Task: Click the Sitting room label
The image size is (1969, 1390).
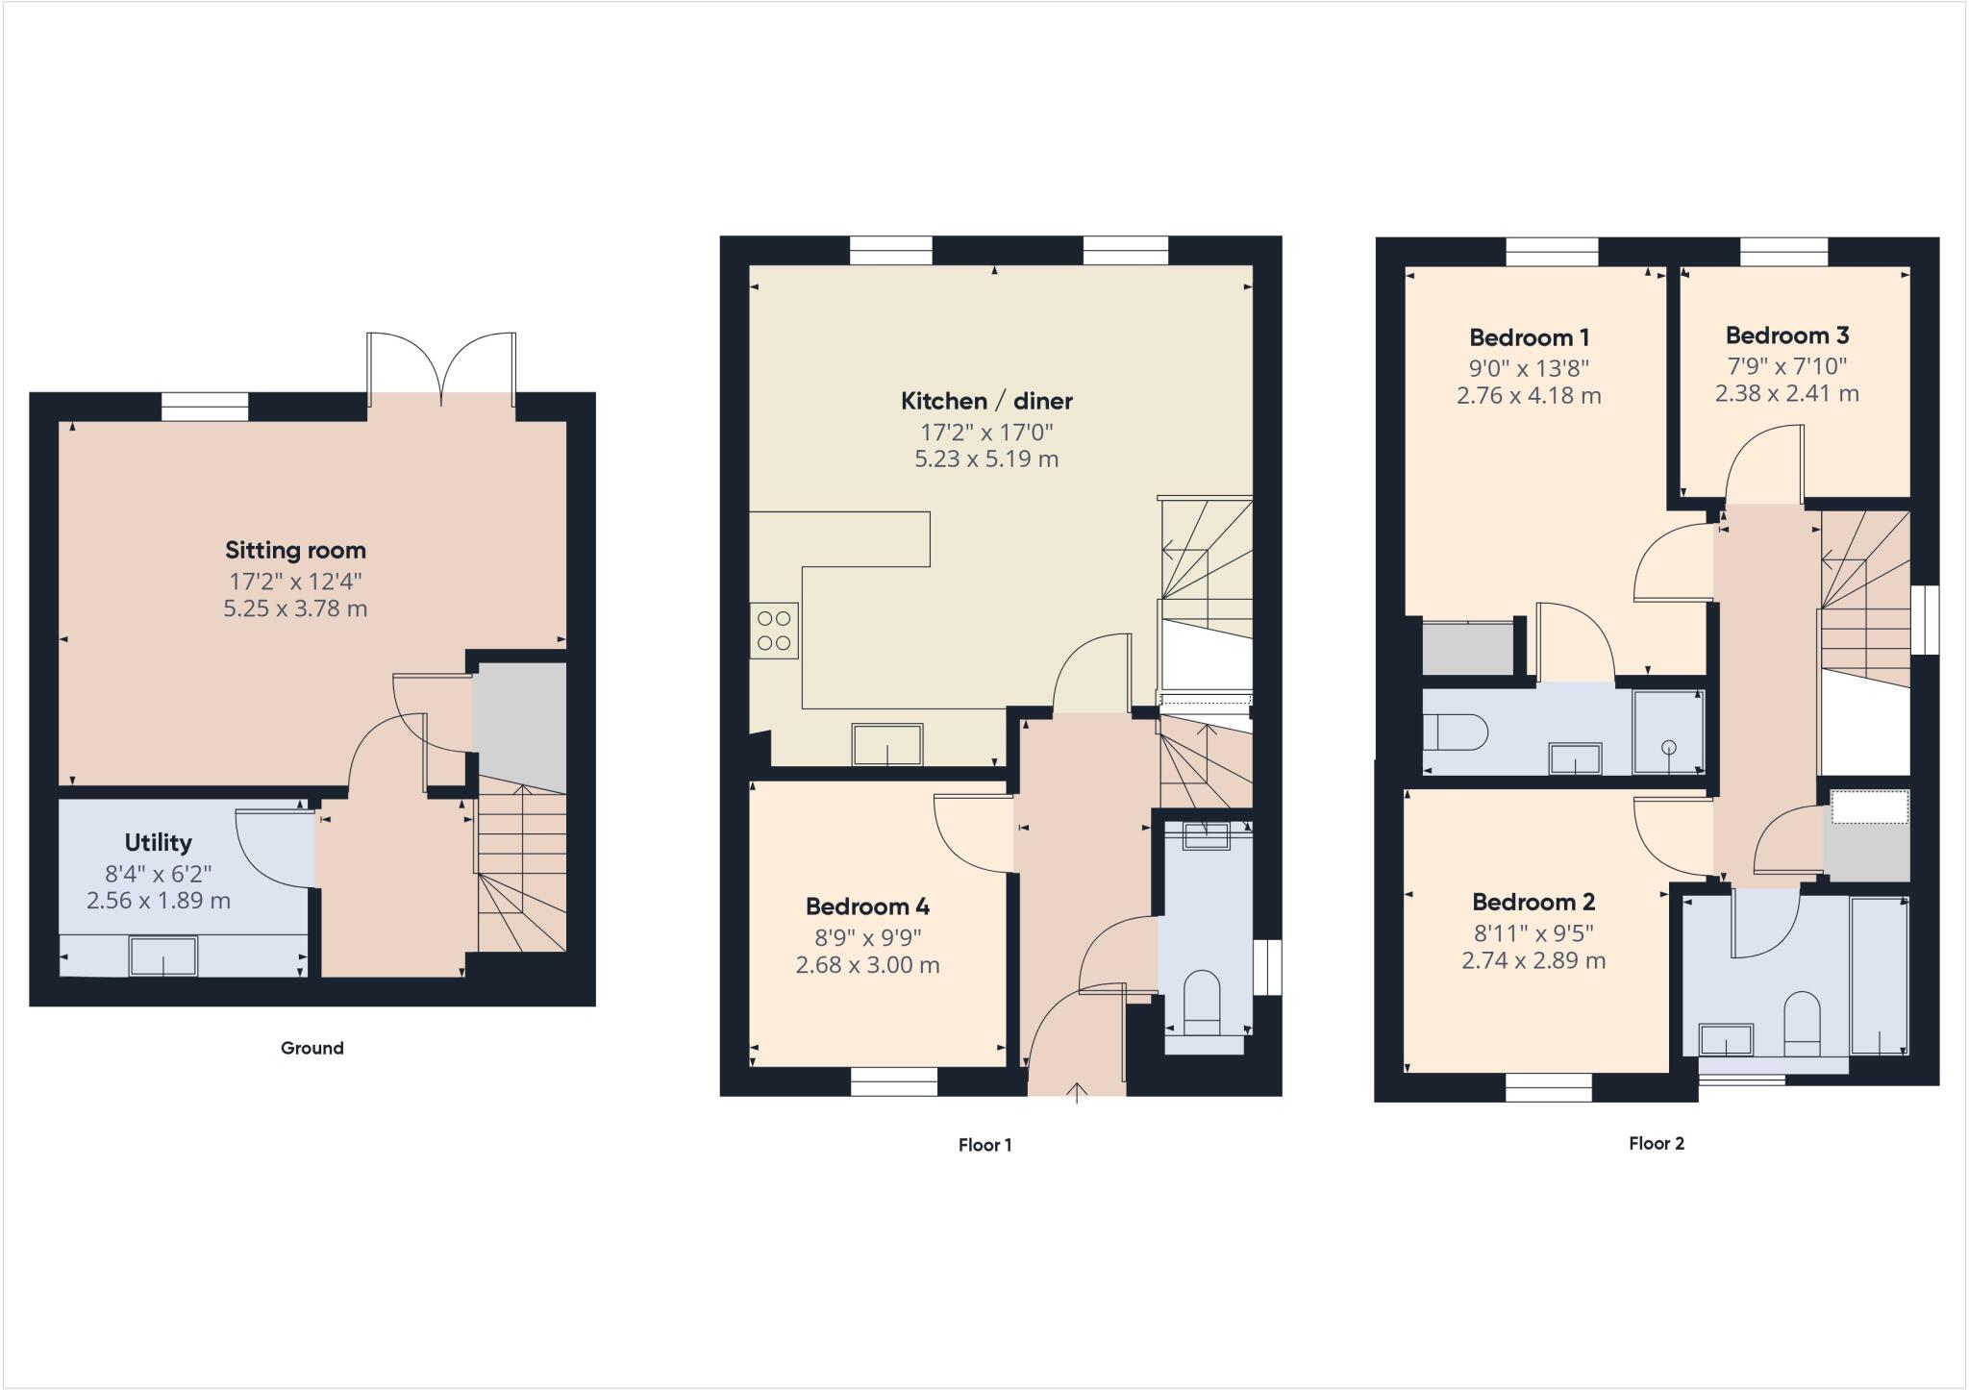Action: [295, 550]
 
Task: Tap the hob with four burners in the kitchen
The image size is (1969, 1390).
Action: [774, 631]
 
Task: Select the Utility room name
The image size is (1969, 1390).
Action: [158, 843]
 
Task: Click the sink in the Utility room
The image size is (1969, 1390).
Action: [163, 956]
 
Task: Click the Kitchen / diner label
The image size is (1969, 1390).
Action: [986, 401]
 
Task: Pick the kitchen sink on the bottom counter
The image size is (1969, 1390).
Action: [886, 745]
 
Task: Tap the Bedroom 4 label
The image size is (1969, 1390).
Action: [867, 906]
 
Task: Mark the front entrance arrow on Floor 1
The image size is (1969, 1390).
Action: [1077, 1092]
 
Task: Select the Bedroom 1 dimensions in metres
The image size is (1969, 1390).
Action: [1529, 395]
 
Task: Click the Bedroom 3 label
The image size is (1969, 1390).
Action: [1786, 335]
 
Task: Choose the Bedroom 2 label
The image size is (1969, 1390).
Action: [1533, 902]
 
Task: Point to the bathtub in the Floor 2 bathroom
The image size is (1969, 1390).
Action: [1879, 976]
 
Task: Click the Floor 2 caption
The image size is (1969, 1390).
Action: [1657, 1143]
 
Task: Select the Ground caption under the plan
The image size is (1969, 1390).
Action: [312, 1048]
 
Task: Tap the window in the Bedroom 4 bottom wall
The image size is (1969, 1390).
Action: [893, 1082]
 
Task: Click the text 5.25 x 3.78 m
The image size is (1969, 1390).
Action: [295, 608]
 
